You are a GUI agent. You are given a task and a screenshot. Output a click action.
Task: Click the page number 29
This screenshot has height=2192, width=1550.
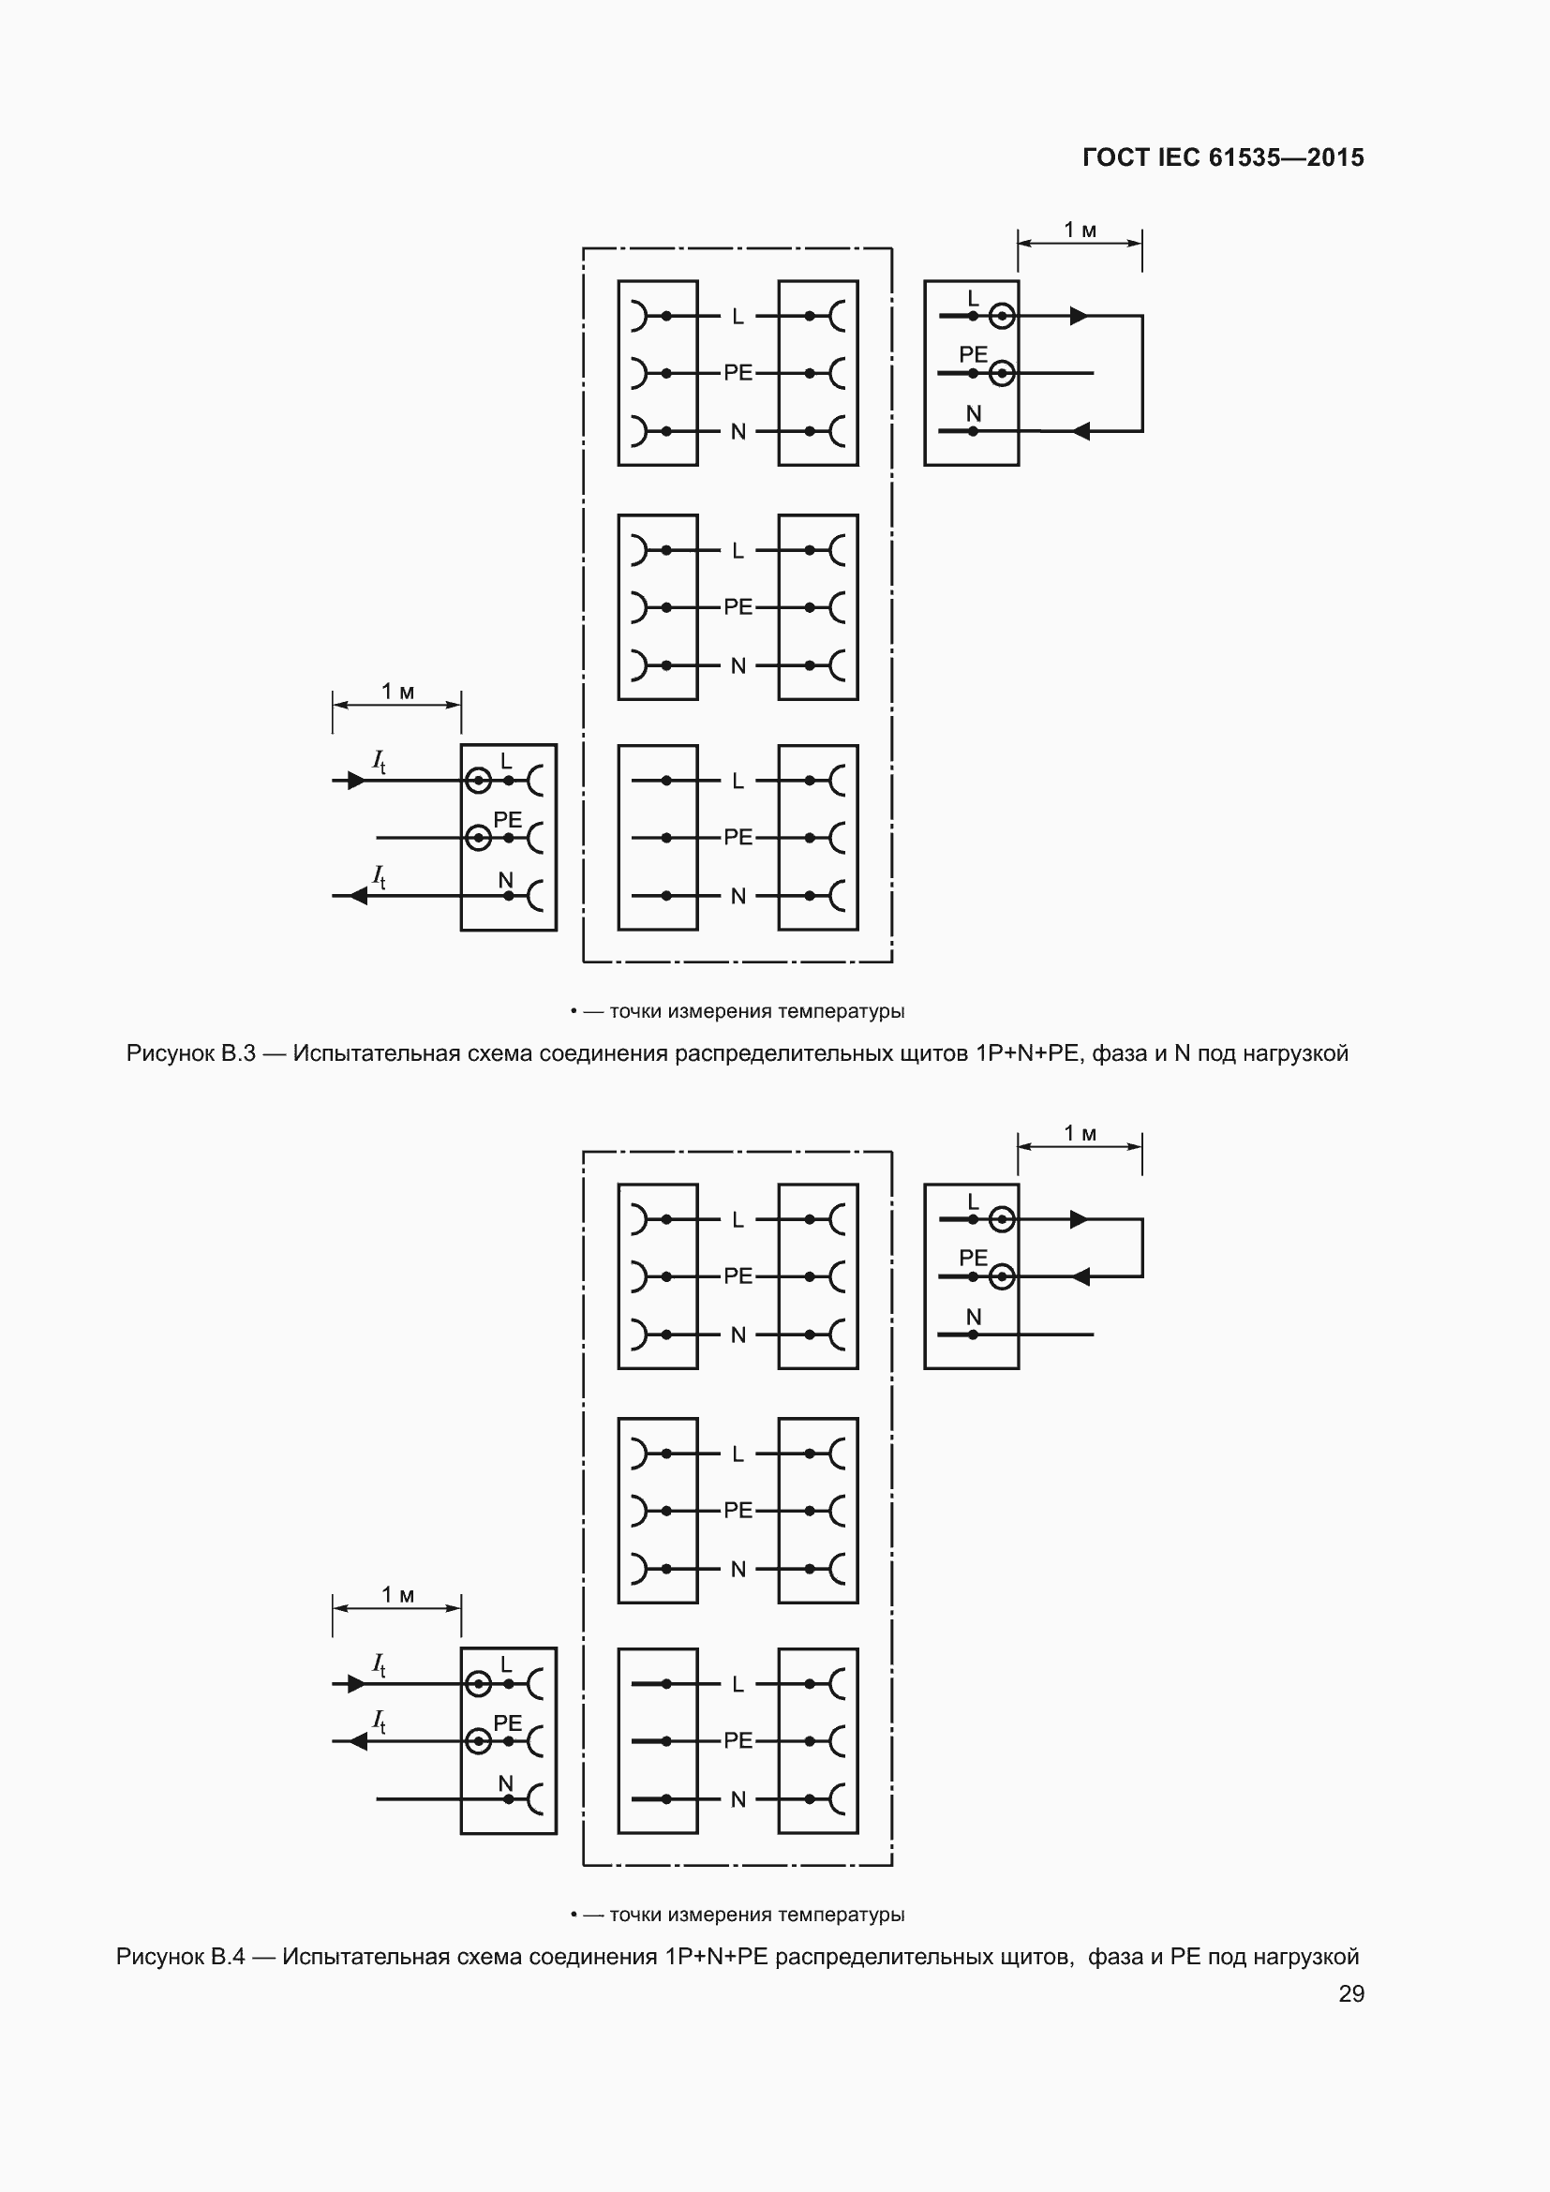click(x=1350, y=1993)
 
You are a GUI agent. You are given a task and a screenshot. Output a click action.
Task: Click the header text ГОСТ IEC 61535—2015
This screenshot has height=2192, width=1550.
click(x=1223, y=157)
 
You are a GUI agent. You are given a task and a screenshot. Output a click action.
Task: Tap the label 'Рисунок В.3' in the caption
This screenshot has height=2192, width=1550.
click(x=191, y=1053)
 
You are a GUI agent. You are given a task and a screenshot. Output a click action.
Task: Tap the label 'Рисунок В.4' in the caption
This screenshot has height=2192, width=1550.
click(x=180, y=1956)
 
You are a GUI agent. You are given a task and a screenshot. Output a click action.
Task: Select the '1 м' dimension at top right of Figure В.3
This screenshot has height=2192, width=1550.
click(x=1080, y=231)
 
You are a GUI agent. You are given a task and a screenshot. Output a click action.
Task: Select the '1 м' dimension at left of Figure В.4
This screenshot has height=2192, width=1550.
click(x=397, y=1594)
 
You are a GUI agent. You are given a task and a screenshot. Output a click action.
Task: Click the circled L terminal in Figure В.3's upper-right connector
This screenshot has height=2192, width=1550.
click(x=1001, y=315)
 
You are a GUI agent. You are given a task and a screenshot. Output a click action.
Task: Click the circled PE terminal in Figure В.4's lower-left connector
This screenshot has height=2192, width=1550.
click(x=478, y=1741)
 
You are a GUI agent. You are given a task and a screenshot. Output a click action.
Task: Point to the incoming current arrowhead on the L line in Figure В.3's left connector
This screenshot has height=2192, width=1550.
click(x=356, y=781)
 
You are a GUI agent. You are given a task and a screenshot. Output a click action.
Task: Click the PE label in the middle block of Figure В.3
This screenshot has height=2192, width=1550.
click(x=738, y=607)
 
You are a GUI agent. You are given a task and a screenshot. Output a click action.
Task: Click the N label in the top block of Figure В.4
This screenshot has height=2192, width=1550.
click(x=738, y=1335)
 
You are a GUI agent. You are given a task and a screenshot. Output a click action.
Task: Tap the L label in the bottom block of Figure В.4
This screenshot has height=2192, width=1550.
click(x=738, y=1684)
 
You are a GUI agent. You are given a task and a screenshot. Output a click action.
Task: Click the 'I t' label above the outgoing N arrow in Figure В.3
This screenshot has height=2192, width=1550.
click(x=379, y=876)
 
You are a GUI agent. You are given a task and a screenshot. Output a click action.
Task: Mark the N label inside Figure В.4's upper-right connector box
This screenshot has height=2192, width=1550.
click(x=974, y=1317)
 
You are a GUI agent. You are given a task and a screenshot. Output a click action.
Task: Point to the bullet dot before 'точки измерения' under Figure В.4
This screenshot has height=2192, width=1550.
click(x=574, y=1915)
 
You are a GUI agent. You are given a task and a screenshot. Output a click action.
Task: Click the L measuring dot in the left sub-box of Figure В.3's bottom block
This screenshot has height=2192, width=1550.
click(x=666, y=781)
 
